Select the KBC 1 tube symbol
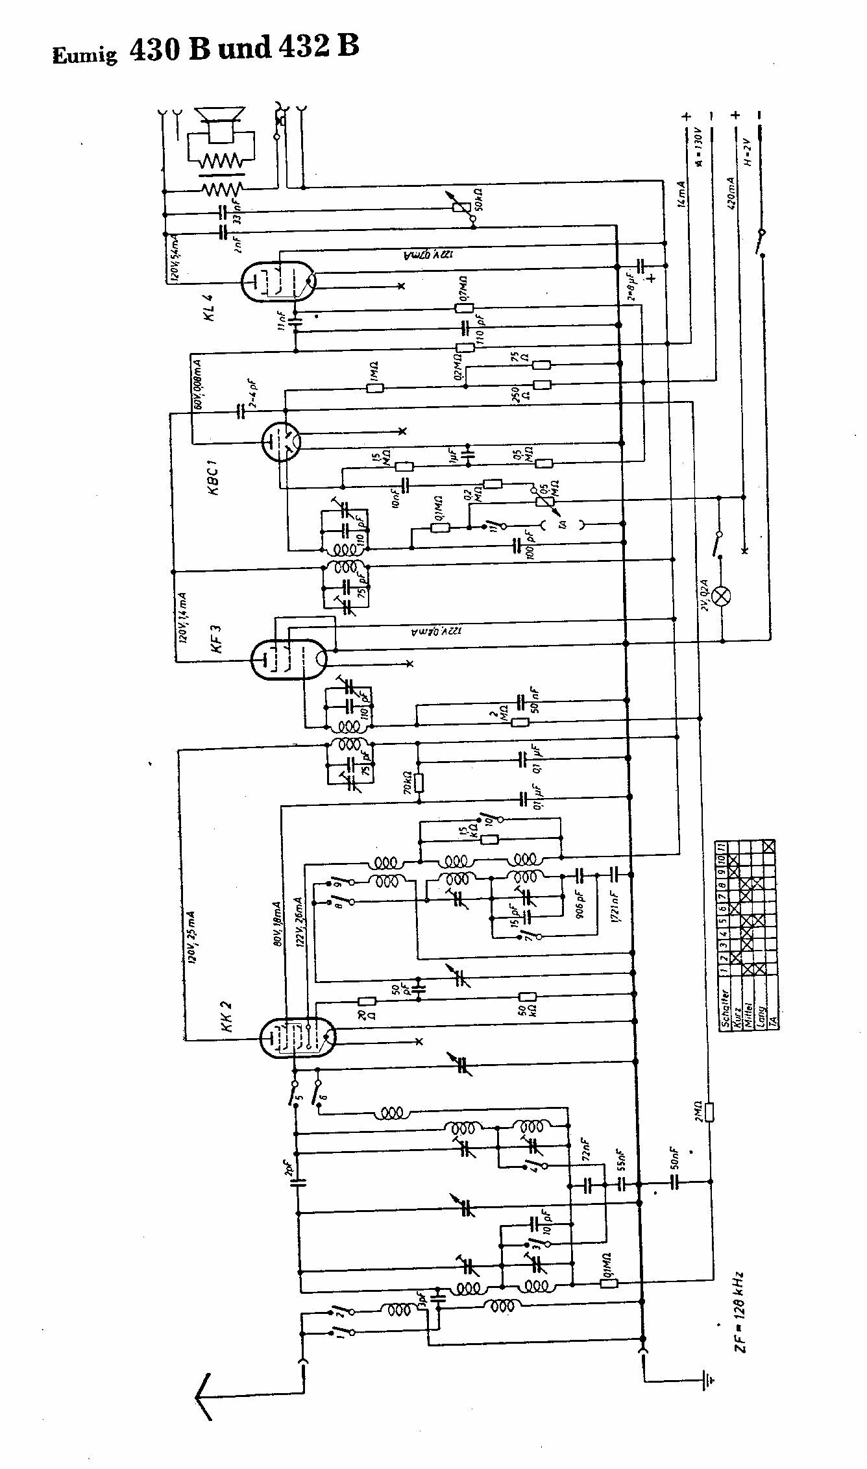pyautogui.click(x=281, y=442)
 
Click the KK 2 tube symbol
pyautogui.click(x=296, y=1037)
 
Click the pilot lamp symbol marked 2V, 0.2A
pyautogui.click(x=722, y=596)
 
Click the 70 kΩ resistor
pyautogui.click(x=419, y=784)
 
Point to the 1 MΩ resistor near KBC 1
pyautogui.click(x=375, y=388)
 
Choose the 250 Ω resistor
pyautogui.click(x=542, y=384)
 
